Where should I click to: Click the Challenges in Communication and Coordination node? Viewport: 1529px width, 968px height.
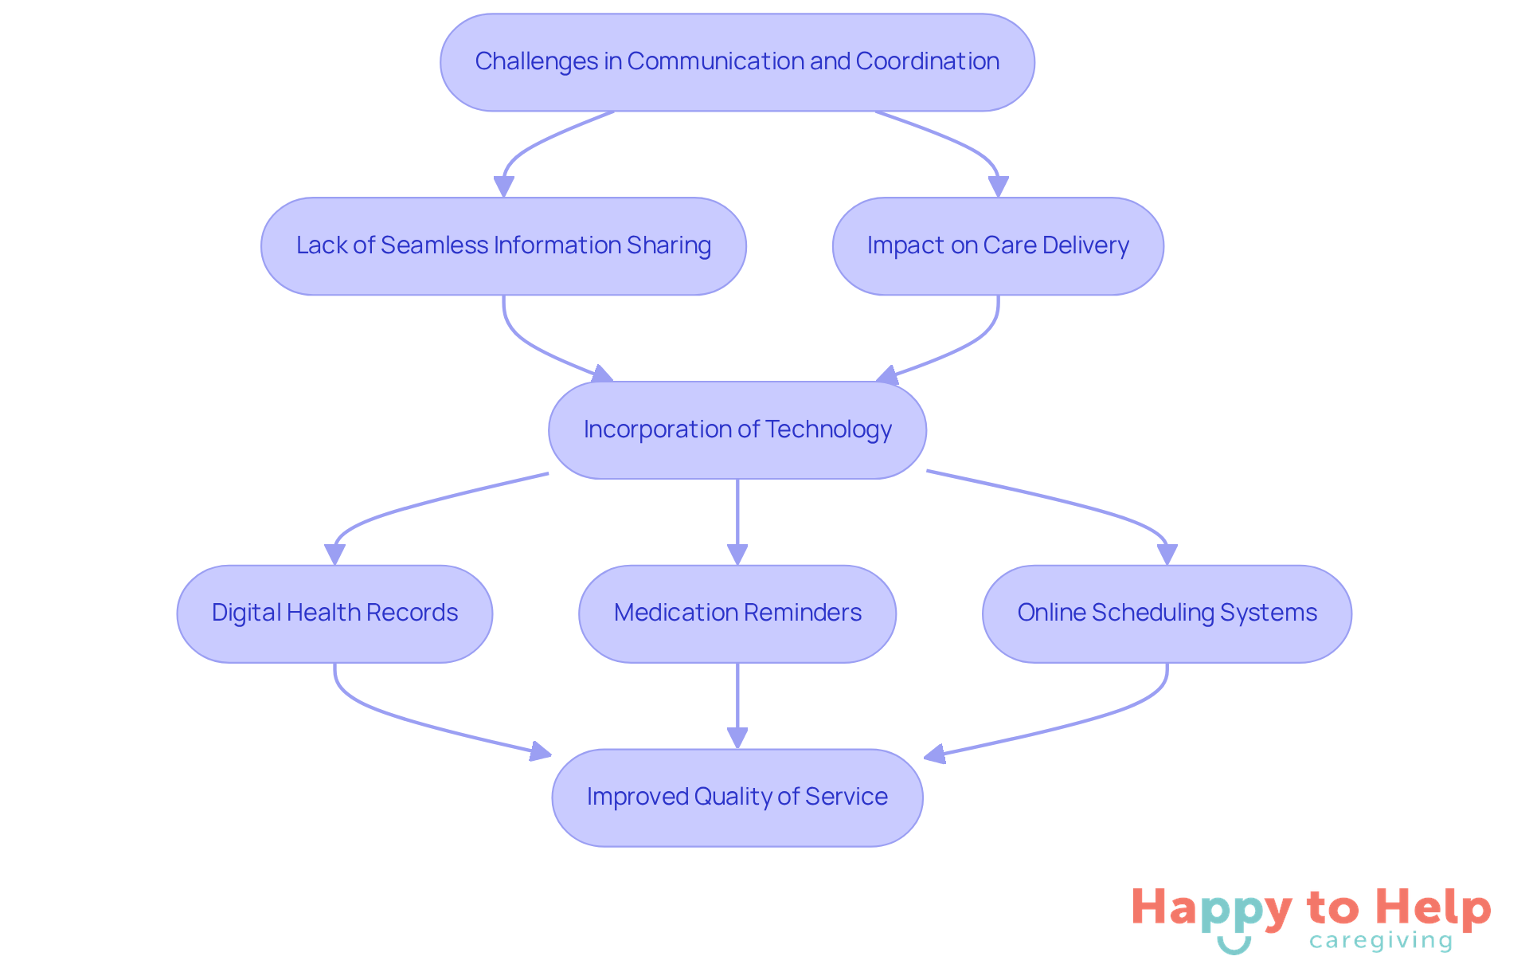[737, 62]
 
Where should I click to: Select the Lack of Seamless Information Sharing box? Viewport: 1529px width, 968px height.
[503, 246]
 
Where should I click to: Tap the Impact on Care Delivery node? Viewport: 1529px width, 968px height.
[997, 246]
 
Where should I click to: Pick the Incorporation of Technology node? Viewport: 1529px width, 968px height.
[737, 430]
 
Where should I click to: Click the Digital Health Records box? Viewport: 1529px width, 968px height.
[334, 613]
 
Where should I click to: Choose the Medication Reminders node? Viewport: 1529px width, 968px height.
[737, 613]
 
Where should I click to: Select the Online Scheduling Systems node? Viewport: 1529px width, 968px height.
[1167, 613]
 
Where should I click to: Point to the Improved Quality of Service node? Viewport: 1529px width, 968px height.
[737, 798]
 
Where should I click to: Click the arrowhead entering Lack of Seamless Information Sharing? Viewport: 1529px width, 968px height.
[503, 186]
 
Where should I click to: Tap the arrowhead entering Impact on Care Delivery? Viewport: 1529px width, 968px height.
[998, 186]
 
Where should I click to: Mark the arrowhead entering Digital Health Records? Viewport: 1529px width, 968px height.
[334, 555]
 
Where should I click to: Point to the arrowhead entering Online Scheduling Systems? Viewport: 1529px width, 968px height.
[1167, 555]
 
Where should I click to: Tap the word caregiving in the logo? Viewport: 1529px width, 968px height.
[1381, 941]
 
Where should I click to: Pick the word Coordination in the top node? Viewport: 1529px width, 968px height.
[927, 62]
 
